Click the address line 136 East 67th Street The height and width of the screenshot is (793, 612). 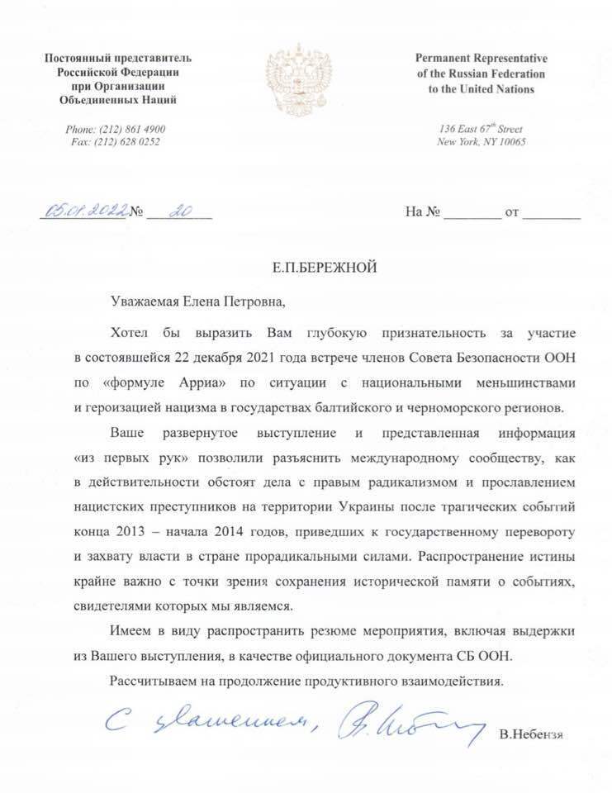[481, 130]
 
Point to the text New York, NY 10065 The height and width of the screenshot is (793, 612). [481, 142]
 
